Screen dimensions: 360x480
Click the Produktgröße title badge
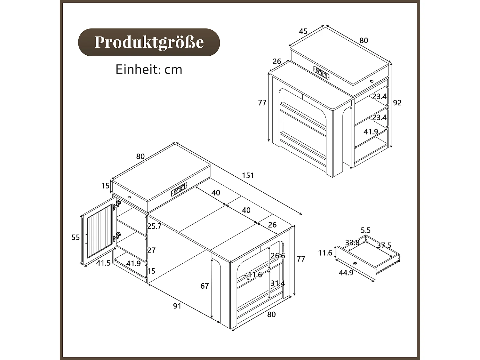pyautogui.click(x=149, y=42)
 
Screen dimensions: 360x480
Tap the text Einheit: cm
pyautogui.click(x=149, y=69)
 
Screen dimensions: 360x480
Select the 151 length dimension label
pyautogui.click(x=248, y=175)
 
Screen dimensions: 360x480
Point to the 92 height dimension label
pyautogui.click(x=397, y=103)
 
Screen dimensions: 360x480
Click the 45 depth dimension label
pyautogui.click(x=303, y=31)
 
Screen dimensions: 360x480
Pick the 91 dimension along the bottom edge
pyautogui.click(x=177, y=306)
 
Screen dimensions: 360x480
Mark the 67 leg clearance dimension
pyautogui.click(x=204, y=286)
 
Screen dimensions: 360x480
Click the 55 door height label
pyautogui.click(x=76, y=237)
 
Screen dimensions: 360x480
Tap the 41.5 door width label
pyautogui.click(x=103, y=263)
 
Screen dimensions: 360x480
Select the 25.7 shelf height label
pyautogui.click(x=154, y=226)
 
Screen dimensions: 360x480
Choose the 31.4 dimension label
pyautogui.click(x=277, y=283)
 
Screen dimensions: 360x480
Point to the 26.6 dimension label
pyautogui.click(x=277, y=256)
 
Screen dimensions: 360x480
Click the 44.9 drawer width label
pyautogui.click(x=346, y=273)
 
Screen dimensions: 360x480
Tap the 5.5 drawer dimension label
pyautogui.click(x=365, y=230)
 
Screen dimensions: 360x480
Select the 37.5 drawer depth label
pyautogui.click(x=384, y=245)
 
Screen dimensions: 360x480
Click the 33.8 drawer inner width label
pyautogui.click(x=352, y=243)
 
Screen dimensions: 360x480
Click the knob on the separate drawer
pyautogui.click(x=355, y=263)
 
